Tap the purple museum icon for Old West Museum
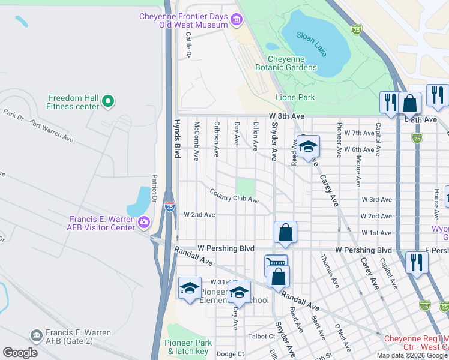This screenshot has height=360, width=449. point(237,21)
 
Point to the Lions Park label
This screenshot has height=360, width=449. point(295,97)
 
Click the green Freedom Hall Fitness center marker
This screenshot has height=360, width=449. point(108,102)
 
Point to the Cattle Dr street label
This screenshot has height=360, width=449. point(188,45)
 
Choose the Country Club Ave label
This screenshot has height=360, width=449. point(234,196)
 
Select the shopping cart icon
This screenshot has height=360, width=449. point(276,264)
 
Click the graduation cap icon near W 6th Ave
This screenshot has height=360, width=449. point(308,146)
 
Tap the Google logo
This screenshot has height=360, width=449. point(20,352)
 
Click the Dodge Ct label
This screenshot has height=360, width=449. point(231,354)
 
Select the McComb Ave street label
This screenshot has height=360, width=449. point(196,141)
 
